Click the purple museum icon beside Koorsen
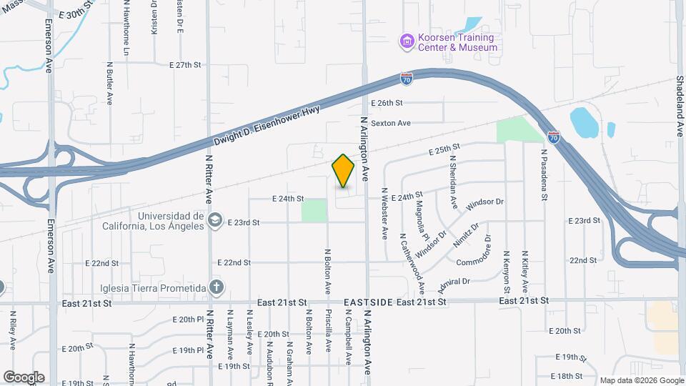(x=407, y=42)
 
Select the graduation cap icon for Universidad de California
(x=214, y=221)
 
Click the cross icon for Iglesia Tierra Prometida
(x=217, y=287)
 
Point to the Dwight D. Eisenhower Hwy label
(x=266, y=127)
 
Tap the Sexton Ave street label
(x=390, y=123)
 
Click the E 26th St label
(x=387, y=103)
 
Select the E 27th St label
(x=186, y=64)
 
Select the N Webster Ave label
(x=384, y=213)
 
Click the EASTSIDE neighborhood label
(x=368, y=303)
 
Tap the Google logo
(x=24, y=377)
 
